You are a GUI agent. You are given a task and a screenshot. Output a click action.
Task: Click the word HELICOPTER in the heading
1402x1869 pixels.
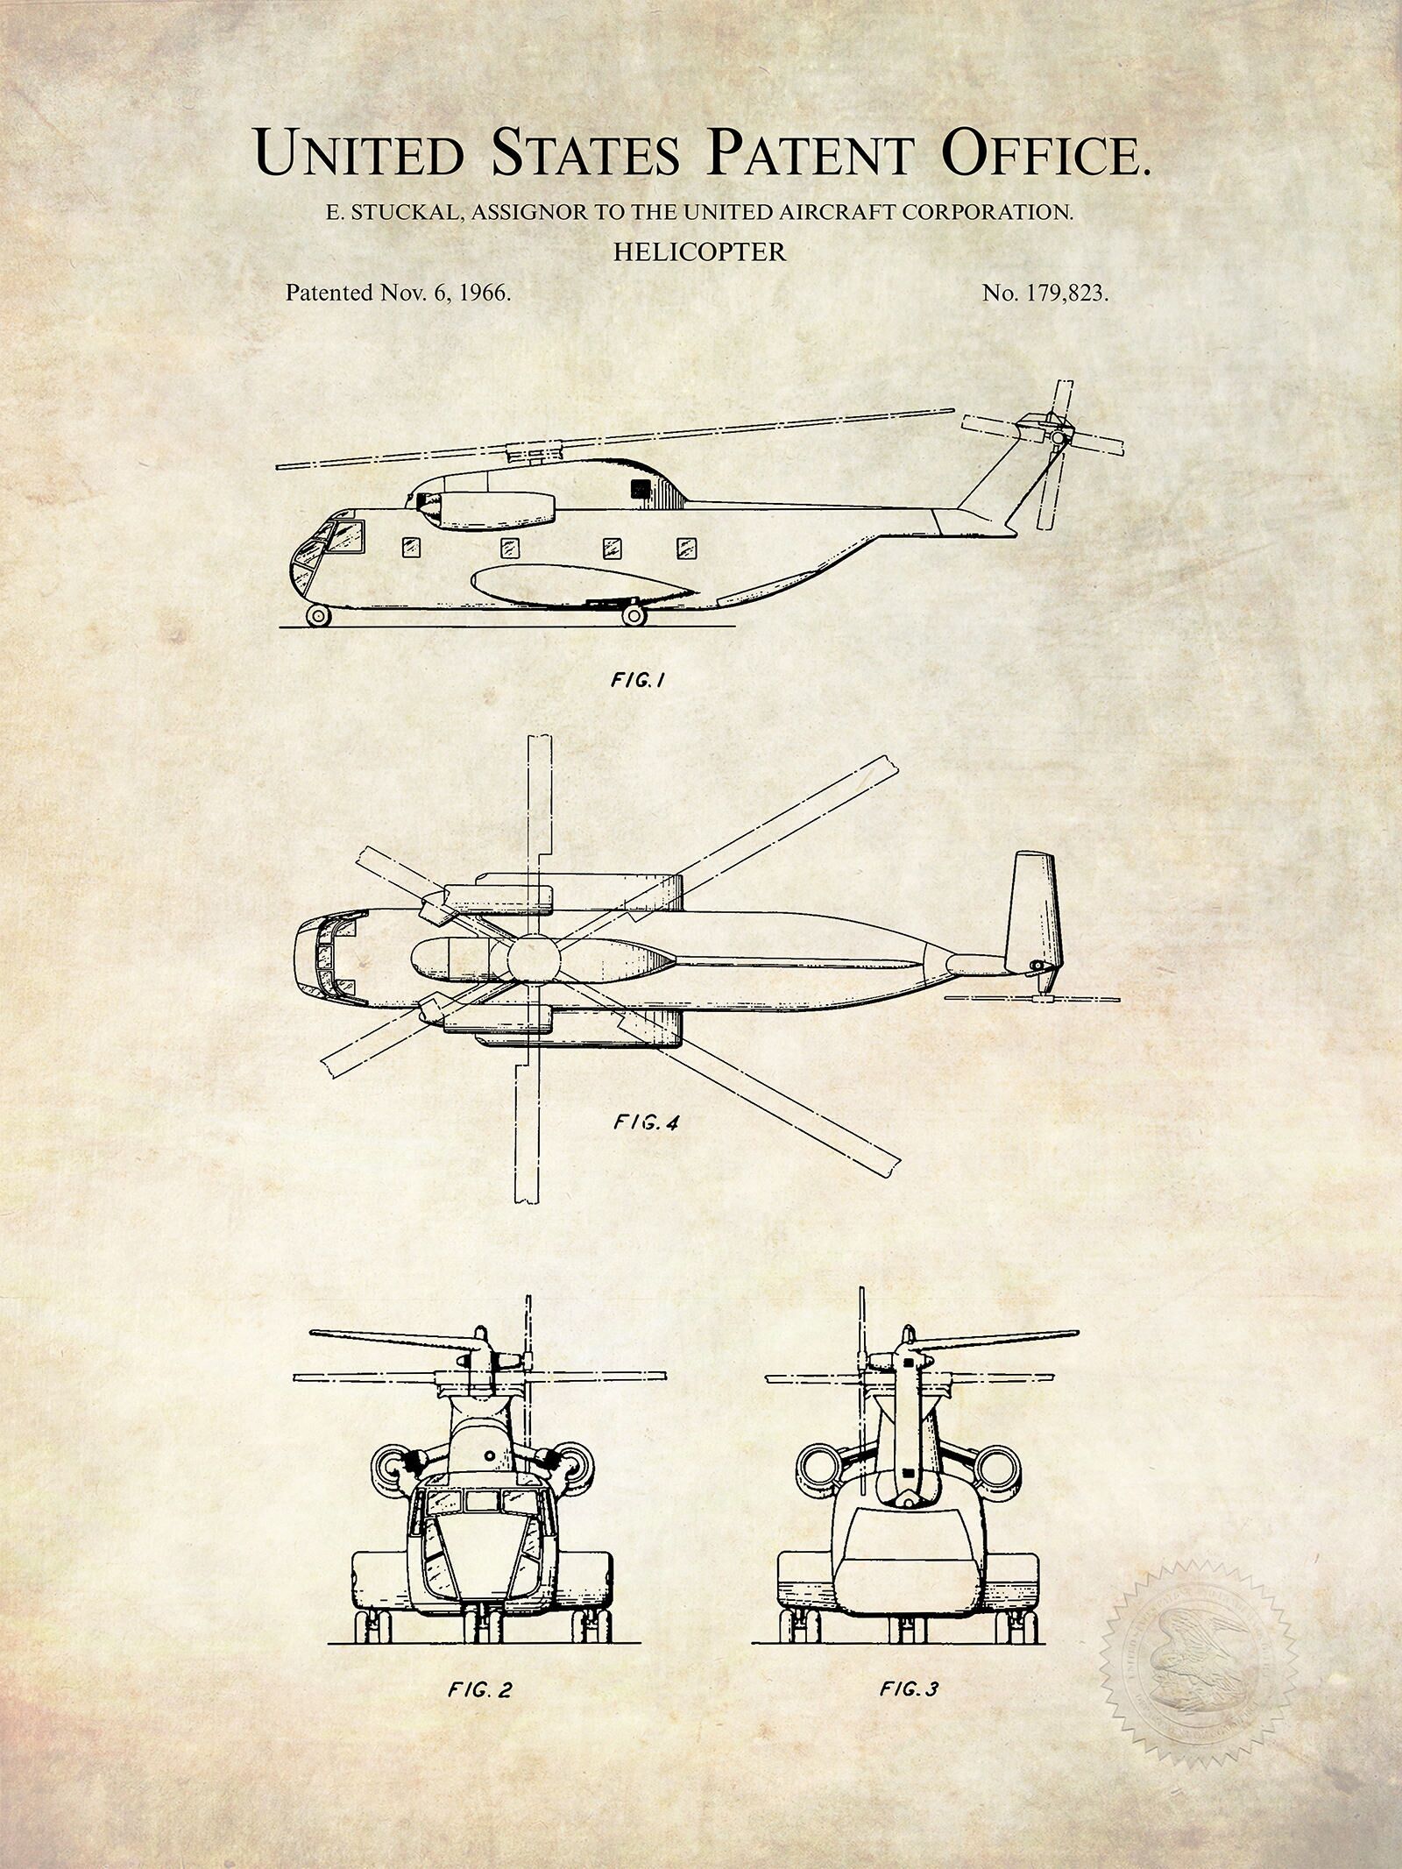pyautogui.click(x=699, y=252)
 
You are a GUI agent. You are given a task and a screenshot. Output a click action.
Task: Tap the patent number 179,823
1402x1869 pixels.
pyautogui.click(x=1059, y=294)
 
